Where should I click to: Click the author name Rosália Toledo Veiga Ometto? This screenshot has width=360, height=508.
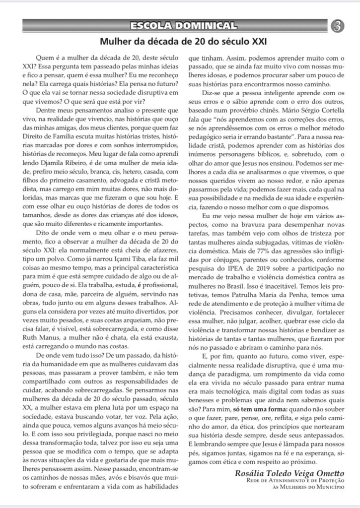288,473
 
